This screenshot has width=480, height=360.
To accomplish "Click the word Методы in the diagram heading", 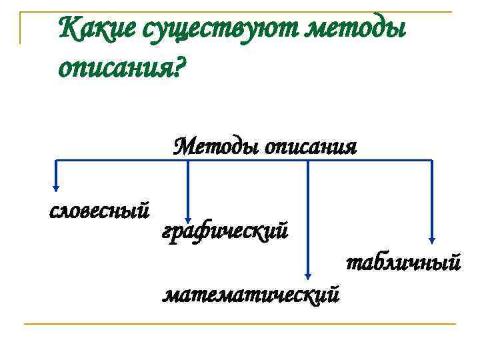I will (216, 145).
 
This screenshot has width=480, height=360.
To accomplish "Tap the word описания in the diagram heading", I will (311, 146).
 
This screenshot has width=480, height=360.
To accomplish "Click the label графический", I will (225, 231).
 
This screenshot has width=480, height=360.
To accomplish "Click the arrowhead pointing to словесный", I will (55, 187).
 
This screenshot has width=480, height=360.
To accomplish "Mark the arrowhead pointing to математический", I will (307, 275).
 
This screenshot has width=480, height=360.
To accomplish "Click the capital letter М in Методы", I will (183, 145).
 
